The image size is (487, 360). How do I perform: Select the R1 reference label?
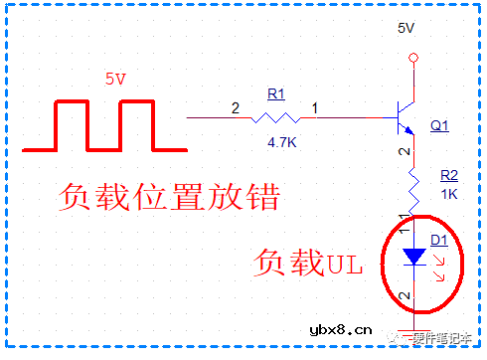(x=276, y=93)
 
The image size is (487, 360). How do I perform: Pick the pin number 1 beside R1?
(x=315, y=106)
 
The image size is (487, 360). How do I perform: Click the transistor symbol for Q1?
(x=404, y=117)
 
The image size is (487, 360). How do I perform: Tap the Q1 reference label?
(x=439, y=126)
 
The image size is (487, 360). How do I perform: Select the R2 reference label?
(x=449, y=175)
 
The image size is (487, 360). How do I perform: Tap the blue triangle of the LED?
(x=410, y=257)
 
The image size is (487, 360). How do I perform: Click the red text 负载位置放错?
(x=166, y=197)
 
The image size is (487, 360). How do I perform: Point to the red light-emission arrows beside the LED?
(x=441, y=264)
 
